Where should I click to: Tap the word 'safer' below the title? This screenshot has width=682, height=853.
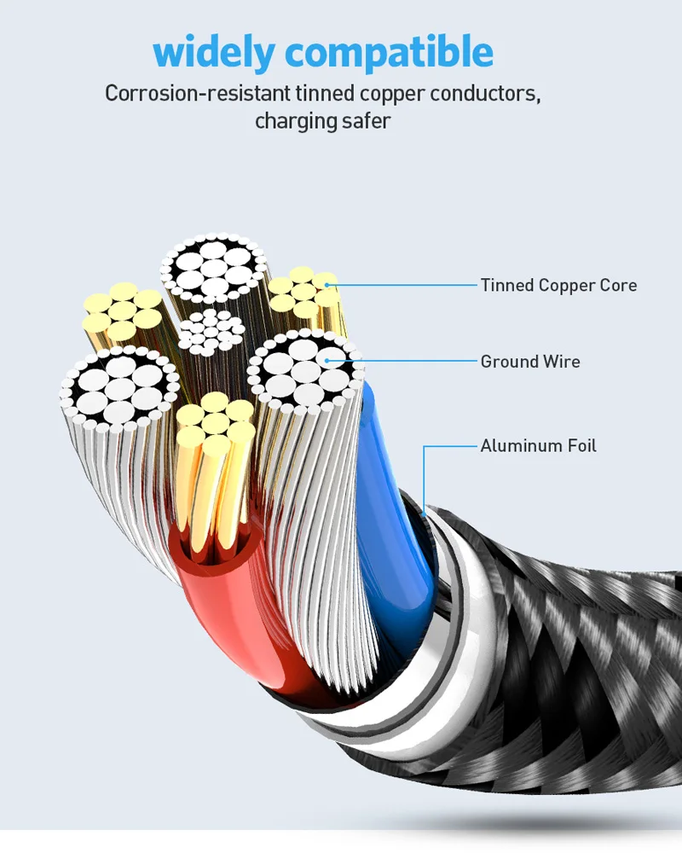[368, 121]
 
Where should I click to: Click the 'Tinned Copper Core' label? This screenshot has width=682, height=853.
[558, 285]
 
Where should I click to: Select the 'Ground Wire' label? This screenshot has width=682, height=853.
[530, 362]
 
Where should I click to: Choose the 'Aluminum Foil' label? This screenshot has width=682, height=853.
[538, 445]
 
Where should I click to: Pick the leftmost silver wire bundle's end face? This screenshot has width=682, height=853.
[119, 388]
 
